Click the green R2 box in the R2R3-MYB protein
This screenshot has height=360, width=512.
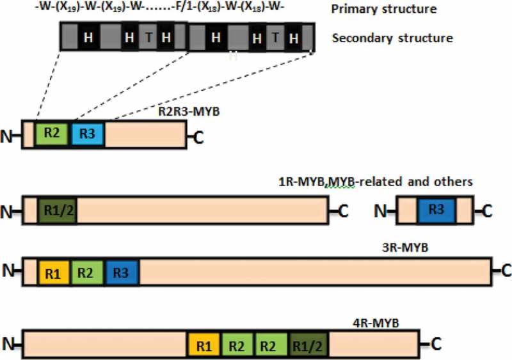coord(53,134)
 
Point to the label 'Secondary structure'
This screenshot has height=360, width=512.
coord(392,38)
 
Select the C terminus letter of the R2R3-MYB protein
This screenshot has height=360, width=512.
coord(198,134)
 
